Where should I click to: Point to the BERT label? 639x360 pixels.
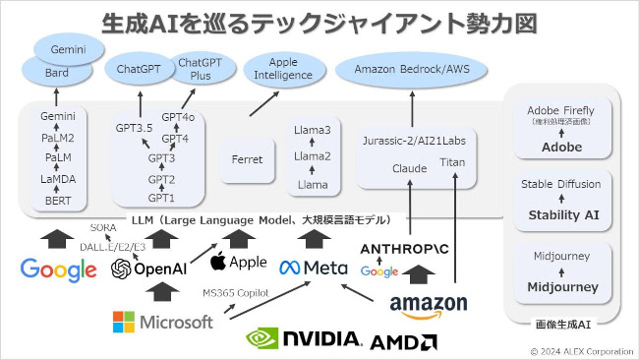point(56,200)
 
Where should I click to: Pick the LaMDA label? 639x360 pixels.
point(56,179)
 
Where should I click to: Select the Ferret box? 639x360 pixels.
point(247,157)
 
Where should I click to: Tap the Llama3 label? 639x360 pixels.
point(313,129)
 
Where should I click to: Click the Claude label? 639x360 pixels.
point(409,167)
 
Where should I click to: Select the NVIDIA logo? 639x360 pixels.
point(304,338)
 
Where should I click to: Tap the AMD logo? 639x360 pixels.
point(404,341)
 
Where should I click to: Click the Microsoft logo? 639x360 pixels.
point(163,321)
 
